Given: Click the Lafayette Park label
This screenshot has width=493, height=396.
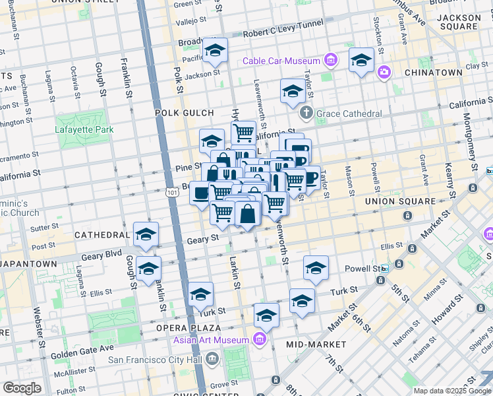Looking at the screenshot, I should coord(84,129).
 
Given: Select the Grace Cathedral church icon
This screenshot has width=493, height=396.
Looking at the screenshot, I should coord(306,114).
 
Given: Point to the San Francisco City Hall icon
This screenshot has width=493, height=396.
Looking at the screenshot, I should coord(212,360).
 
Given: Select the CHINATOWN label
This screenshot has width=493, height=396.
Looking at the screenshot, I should coord(433,72).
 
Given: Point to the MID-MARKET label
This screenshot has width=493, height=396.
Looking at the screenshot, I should coord(316,345).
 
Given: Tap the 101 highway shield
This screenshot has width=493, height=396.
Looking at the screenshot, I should coord(172,192).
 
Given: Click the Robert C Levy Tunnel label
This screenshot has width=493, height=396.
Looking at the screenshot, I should coord(283,28).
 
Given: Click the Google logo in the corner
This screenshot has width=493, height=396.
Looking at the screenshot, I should coord(22,388).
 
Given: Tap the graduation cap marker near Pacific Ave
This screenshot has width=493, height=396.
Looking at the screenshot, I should coord(215,51).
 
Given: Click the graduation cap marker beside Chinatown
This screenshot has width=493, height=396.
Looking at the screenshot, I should coord(361,61).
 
